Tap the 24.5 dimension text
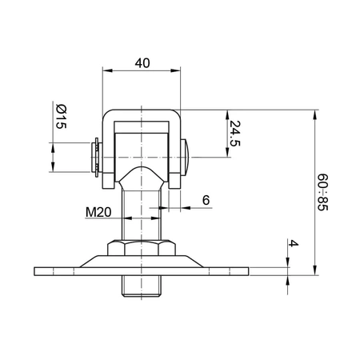[234, 134]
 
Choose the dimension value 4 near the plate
[294, 243]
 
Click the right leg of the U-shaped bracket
[176, 152]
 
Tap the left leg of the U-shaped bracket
[107, 152]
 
